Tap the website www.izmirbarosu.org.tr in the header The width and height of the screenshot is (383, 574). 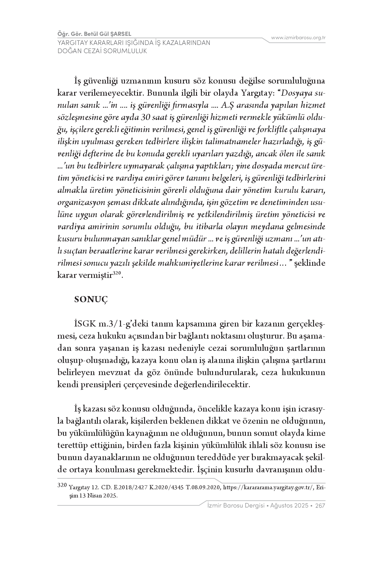click(x=298, y=38)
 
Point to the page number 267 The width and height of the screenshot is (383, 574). click(x=321, y=506)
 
